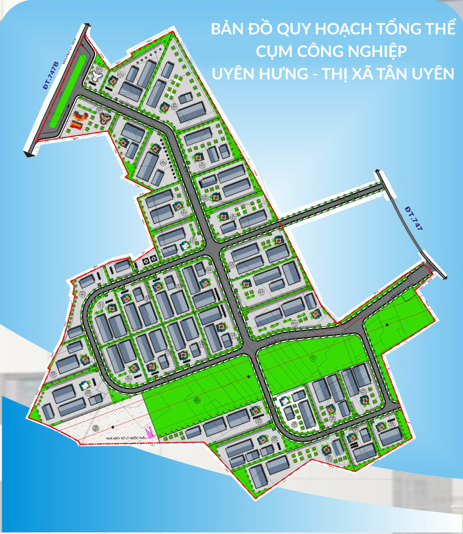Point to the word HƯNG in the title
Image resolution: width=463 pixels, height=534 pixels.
pyautogui.click(x=285, y=73)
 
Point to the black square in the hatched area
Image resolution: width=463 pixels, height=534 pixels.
pyautogui.click(x=112, y=427)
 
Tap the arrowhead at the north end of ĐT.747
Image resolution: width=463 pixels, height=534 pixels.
pyautogui.click(x=377, y=172)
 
